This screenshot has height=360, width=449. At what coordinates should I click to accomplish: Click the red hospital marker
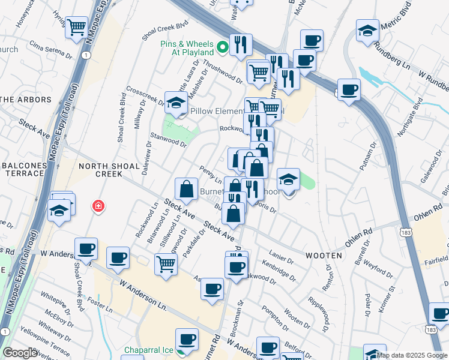(98, 207)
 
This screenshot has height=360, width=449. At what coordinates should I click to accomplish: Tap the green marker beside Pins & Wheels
(223, 46)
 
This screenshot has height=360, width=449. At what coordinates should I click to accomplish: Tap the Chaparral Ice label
(148, 350)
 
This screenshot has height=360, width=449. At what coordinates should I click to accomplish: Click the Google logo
(20, 353)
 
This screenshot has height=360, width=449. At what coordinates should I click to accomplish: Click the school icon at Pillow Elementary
(176, 102)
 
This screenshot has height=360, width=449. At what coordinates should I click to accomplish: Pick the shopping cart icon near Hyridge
(76, 27)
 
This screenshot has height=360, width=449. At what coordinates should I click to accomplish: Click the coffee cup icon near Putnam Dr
(349, 90)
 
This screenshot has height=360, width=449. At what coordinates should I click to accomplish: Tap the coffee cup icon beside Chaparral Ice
(187, 340)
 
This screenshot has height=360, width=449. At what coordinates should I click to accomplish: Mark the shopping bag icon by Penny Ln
(187, 189)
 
